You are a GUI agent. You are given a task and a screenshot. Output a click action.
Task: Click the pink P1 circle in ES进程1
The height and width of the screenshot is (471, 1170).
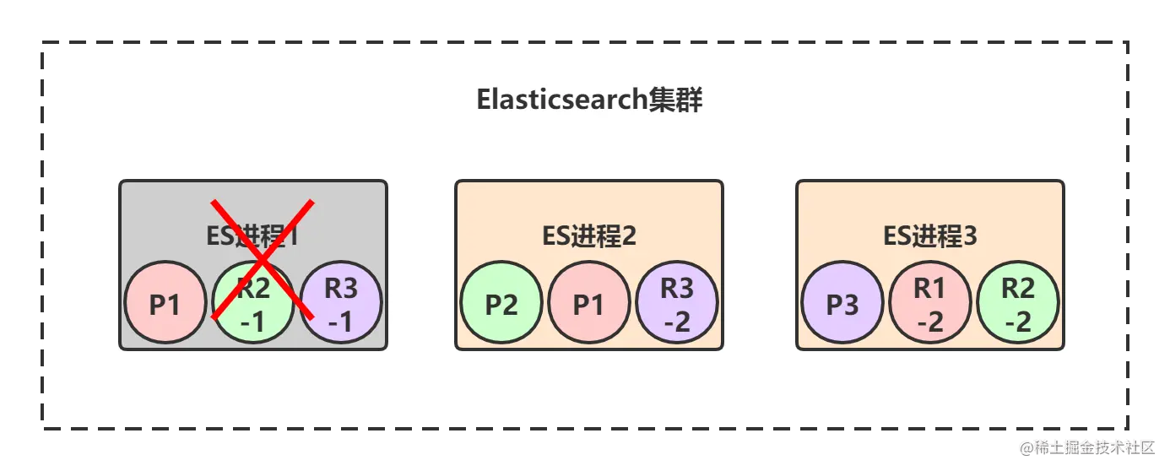(165, 303)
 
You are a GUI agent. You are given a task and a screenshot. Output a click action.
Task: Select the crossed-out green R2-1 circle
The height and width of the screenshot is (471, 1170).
(253, 303)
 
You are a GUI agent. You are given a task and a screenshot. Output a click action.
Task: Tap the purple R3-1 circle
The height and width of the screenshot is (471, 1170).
(341, 303)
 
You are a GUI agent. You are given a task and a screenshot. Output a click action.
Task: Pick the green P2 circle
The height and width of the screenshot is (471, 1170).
(501, 303)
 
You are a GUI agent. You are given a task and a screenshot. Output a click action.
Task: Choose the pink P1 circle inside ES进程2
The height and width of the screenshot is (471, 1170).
(589, 303)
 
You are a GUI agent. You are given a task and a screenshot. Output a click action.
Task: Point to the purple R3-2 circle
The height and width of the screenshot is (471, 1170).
(677, 303)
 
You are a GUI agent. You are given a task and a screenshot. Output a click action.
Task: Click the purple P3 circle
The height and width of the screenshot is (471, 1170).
(842, 303)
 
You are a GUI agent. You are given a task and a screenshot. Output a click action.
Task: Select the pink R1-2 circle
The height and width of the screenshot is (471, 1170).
(930, 303)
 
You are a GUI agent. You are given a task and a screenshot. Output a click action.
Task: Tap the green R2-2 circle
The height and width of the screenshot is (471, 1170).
(1018, 303)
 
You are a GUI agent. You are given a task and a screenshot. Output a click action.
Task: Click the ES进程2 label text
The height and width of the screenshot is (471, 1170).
(589, 236)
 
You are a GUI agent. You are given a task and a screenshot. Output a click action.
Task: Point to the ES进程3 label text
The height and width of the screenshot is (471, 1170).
(930, 236)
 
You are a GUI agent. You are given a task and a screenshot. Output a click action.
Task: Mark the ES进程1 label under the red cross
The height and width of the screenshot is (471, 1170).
(252, 236)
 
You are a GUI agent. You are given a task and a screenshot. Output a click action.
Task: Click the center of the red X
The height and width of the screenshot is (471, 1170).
(263, 259)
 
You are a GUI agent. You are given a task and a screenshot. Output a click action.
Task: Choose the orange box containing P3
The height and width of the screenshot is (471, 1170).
(930, 203)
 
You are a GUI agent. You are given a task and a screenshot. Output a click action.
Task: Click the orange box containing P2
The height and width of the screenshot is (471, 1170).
(589, 203)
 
